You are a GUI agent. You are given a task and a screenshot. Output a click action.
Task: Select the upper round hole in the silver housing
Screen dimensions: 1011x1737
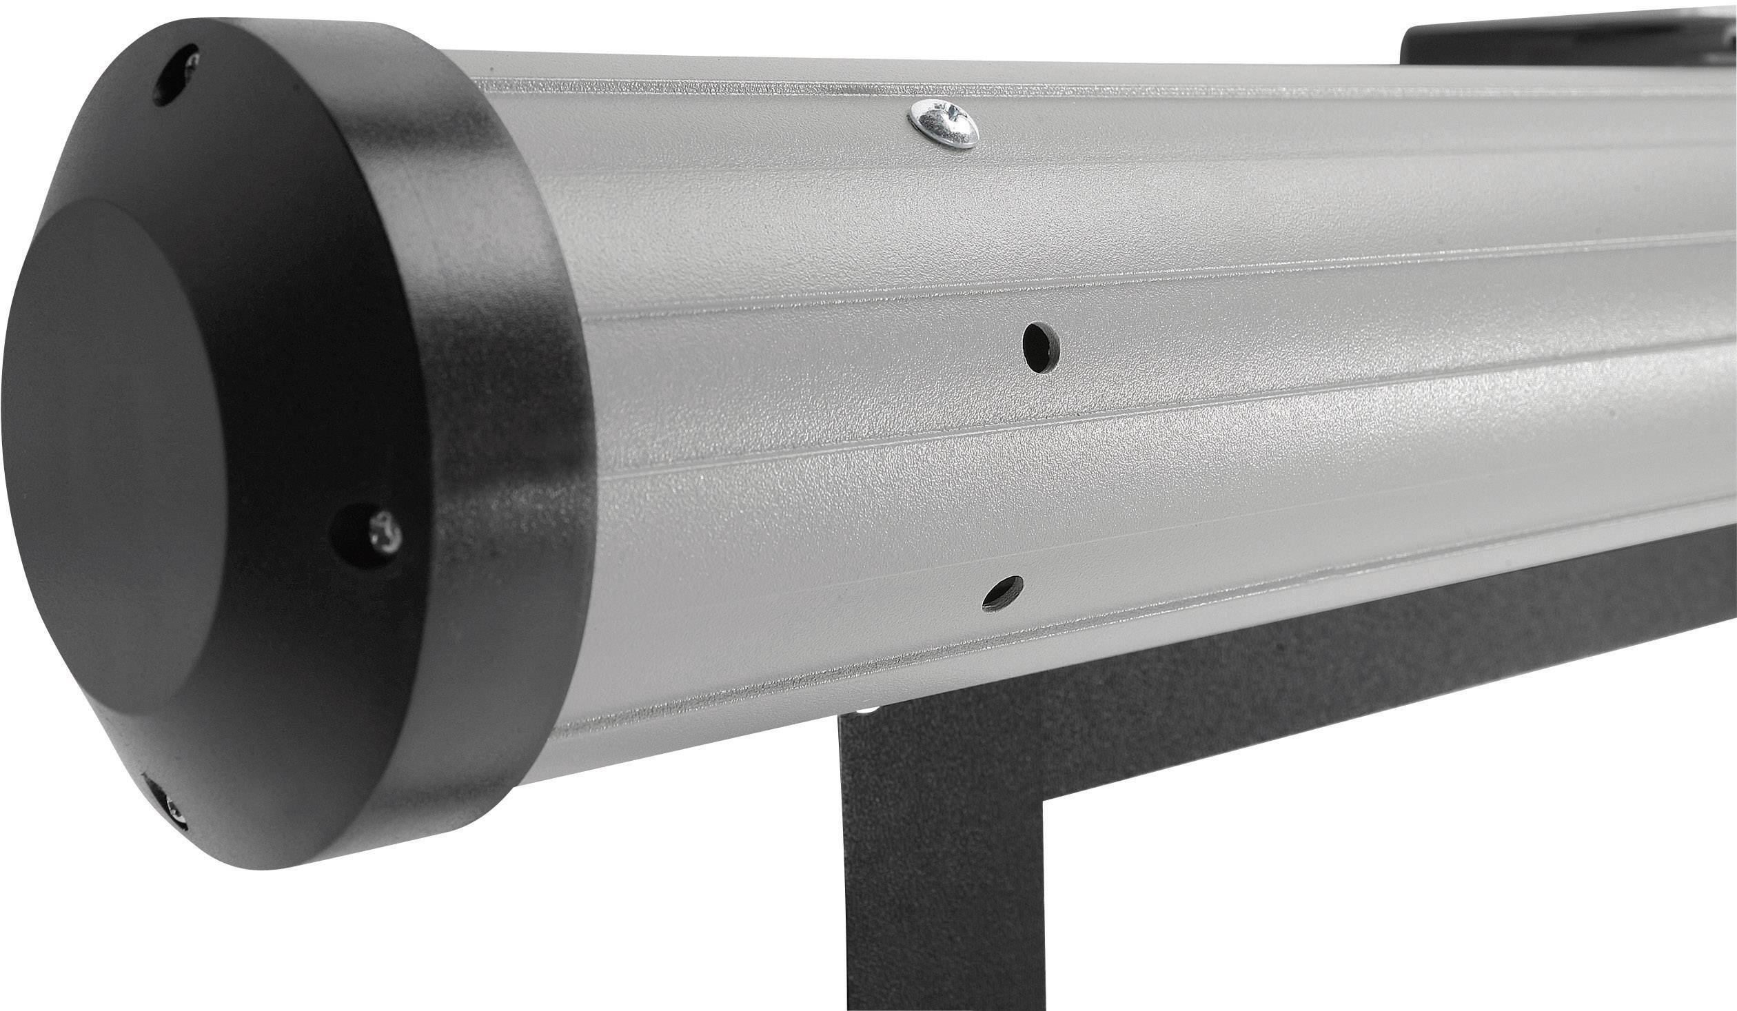tap(1042, 348)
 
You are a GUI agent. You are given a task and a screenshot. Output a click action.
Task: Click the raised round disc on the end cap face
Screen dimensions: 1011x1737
tap(117, 448)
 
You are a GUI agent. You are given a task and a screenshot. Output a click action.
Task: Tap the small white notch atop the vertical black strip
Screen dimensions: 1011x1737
tap(868, 710)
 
